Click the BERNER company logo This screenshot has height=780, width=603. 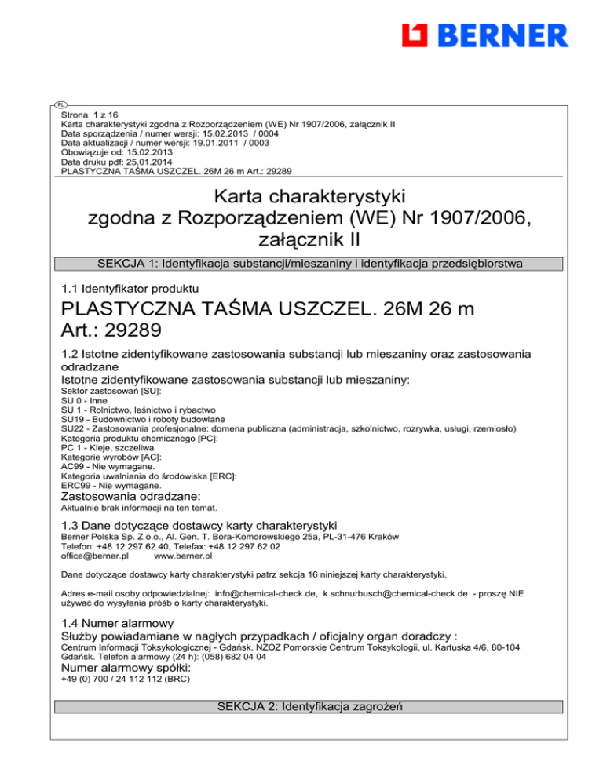tap(484, 36)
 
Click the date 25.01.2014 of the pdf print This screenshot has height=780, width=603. tap(141, 162)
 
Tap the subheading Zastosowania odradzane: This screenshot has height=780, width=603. tap(130, 497)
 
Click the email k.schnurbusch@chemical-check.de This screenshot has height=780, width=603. tap(404, 595)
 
